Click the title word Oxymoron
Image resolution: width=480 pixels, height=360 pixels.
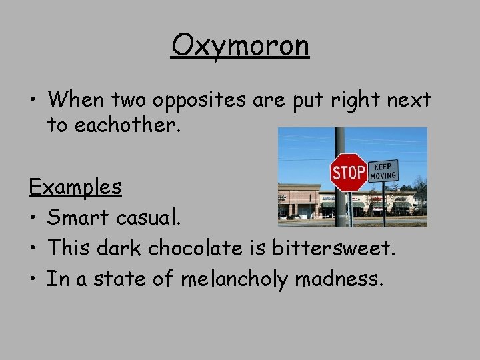pyautogui.click(x=240, y=47)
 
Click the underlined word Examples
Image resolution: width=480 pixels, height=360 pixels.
pyautogui.click(x=75, y=187)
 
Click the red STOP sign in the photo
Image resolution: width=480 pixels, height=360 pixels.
pyautogui.click(x=349, y=173)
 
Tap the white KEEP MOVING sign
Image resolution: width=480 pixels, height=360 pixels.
pyautogui.click(x=383, y=170)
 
